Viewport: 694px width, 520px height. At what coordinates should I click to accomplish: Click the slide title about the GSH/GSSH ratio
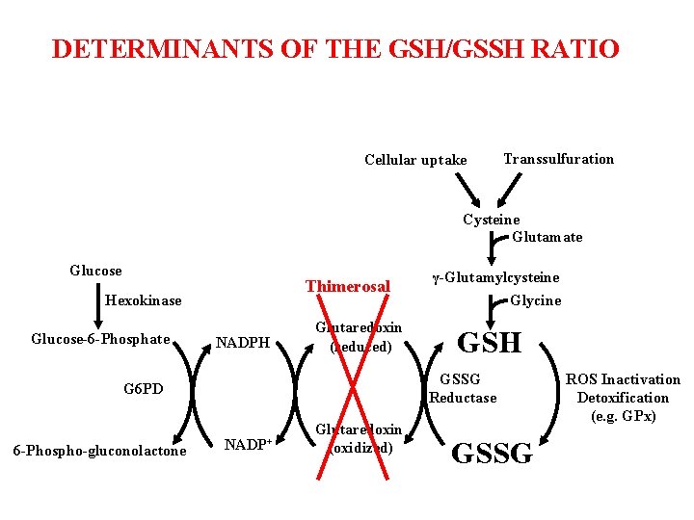click(x=335, y=49)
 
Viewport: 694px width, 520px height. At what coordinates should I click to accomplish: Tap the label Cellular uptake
click(x=415, y=160)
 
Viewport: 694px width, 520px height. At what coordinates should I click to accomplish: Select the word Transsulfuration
click(x=558, y=159)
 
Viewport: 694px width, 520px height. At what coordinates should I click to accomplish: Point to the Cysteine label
click(x=491, y=220)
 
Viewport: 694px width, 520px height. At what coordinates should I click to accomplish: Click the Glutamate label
click(x=547, y=237)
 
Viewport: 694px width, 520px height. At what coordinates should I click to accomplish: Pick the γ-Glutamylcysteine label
click(x=495, y=278)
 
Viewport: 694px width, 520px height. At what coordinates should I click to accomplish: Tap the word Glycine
click(x=536, y=300)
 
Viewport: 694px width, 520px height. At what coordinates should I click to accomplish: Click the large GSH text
click(x=489, y=343)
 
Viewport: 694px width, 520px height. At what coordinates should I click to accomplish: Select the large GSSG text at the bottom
click(x=492, y=453)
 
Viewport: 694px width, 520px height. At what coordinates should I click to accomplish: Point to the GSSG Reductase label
click(x=463, y=389)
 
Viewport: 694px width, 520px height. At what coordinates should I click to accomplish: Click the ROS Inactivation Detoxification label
click(x=623, y=398)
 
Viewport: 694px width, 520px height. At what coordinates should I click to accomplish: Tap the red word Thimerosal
click(x=348, y=286)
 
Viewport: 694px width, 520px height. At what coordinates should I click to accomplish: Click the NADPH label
click(x=242, y=342)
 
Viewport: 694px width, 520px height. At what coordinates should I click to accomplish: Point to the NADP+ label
click(x=246, y=445)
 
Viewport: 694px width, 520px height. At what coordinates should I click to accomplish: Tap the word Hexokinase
click(x=143, y=300)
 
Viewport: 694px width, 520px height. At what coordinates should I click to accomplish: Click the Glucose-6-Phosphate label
click(x=100, y=339)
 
